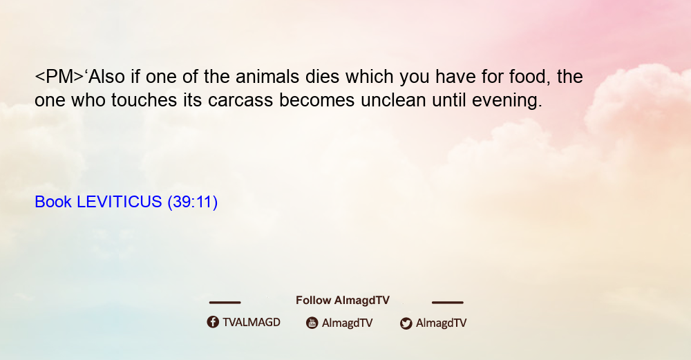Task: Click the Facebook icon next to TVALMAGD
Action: coord(213,322)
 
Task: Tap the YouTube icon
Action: coord(312,323)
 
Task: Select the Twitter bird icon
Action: coord(406,323)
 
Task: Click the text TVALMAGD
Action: coord(252,322)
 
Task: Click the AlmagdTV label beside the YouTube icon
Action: coord(348,323)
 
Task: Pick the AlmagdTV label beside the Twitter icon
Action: coord(441,323)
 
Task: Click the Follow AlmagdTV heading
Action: coord(343,300)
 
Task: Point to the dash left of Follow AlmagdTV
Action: coord(225,302)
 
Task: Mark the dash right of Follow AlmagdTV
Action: coord(447,302)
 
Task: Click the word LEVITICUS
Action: coord(120,202)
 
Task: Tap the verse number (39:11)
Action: coord(193,202)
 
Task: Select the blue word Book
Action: coord(53,202)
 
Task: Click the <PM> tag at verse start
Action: coord(59,77)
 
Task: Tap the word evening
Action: coord(507,100)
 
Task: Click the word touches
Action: coord(144,100)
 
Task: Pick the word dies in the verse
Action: coord(322,77)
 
